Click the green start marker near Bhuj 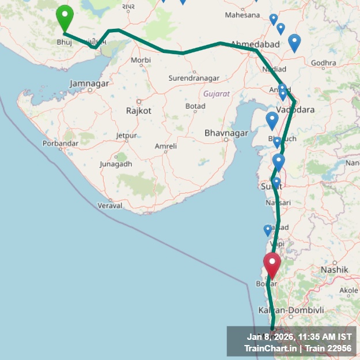(65, 17)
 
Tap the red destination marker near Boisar (272, 263)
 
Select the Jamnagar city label (89, 84)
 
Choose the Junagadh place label (116, 164)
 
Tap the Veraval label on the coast (110, 205)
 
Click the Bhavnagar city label (226, 133)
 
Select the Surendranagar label (194, 78)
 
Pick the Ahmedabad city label (255, 44)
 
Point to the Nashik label (335, 269)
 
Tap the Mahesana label (242, 14)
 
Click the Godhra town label (323, 63)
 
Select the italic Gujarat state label (217, 93)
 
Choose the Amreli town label (166, 146)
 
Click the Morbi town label (141, 60)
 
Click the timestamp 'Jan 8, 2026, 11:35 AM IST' (299, 336)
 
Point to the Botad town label (195, 107)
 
